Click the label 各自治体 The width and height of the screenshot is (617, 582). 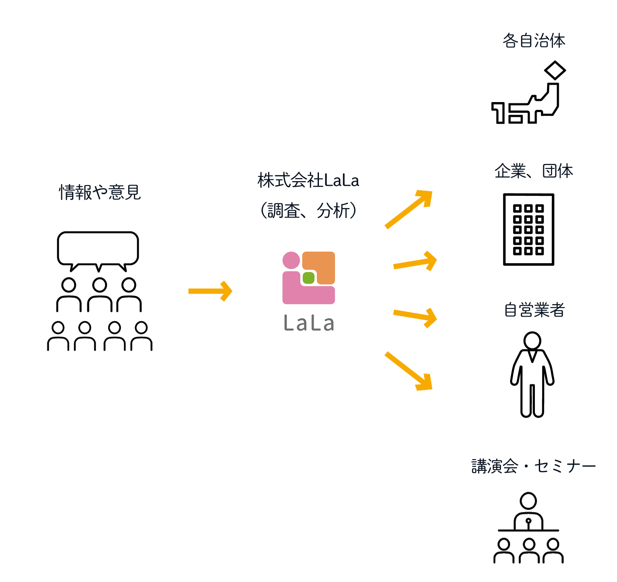[x=534, y=41]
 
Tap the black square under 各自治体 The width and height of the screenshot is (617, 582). [x=528, y=92]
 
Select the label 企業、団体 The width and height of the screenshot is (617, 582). [x=534, y=171]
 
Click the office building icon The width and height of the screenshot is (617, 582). [x=528, y=229]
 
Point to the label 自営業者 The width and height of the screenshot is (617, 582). [x=534, y=310]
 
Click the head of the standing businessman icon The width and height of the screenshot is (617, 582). [x=532, y=341]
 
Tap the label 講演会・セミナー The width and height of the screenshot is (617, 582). [x=534, y=466]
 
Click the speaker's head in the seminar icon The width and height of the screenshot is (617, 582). [x=528, y=501]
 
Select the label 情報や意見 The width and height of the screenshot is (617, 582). [x=100, y=192]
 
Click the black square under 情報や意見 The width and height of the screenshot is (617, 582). [x=99, y=271]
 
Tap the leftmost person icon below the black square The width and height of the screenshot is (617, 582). [x=58, y=336]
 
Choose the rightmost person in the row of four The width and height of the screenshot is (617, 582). [x=141, y=336]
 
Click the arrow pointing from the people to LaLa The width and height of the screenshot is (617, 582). [x=210, y=291]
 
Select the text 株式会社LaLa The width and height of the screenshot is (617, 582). [x=308, y=180]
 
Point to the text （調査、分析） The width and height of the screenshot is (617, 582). [x=308, y=211]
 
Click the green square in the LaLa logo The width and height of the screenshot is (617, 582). [x=308, y=278]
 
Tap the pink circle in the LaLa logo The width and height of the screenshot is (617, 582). [x=291, y=260]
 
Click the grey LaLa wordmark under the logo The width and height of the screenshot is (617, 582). [x=308, y=324]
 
